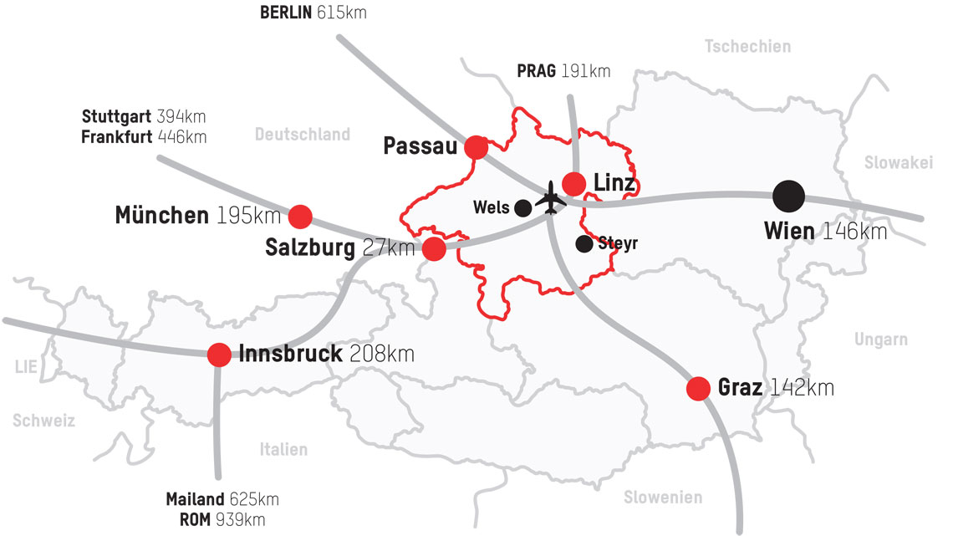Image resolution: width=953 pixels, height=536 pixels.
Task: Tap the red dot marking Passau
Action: [476, 147]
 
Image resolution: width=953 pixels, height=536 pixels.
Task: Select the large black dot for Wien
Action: [788, 196]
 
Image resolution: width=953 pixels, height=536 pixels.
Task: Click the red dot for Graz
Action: [698, 388]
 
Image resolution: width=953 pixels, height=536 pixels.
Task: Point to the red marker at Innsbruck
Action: [219, 355]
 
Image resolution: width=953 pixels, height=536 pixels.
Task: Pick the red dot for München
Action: [300, 217]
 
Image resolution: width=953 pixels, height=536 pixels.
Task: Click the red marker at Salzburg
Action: [434, 248]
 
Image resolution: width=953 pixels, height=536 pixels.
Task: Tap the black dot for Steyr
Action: [584, 243]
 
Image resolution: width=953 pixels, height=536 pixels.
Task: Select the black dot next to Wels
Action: [523, 207]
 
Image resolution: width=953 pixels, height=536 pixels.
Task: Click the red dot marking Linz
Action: [573, 183]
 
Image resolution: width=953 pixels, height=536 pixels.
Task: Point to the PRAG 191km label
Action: [563, 71]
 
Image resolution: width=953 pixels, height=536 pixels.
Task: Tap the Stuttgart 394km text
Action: [144, 116]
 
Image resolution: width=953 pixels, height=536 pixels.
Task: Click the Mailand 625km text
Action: [222, 499]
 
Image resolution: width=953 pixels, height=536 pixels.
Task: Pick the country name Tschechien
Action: [747, 47]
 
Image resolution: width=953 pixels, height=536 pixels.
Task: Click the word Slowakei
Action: [898, 163]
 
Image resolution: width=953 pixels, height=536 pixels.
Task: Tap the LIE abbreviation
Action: [27, 365]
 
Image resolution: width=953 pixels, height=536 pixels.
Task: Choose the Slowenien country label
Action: [663, 498]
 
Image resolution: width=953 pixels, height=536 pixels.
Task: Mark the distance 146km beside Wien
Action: [854, 231]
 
